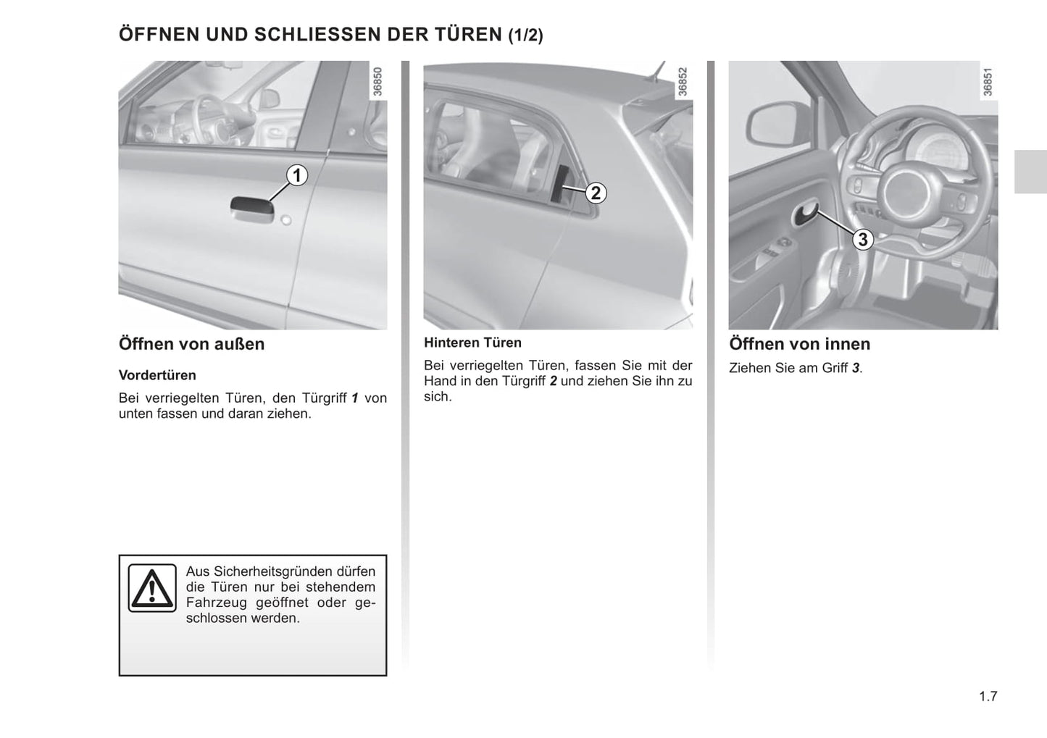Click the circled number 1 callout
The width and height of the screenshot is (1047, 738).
(296, 175)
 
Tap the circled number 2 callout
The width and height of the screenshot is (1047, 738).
(596, 193)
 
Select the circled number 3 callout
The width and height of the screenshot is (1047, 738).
(862, 239)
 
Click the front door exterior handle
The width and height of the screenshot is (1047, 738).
(251, 209)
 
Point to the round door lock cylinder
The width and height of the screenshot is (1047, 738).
(286, 219)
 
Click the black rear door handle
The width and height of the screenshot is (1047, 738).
(561, 184)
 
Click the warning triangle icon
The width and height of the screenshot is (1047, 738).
(151, 588)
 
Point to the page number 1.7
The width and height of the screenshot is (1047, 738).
(988, 697)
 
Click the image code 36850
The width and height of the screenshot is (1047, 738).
(377, 82)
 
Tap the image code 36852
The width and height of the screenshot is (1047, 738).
(682, 82)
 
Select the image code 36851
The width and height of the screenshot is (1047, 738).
(987, 82)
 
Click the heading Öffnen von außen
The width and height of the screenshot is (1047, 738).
(191, 344)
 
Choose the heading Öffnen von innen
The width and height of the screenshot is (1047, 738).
(799, 344)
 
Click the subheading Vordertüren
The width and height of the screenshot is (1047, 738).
(157, 375)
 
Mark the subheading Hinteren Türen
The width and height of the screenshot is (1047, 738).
(472, 343)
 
